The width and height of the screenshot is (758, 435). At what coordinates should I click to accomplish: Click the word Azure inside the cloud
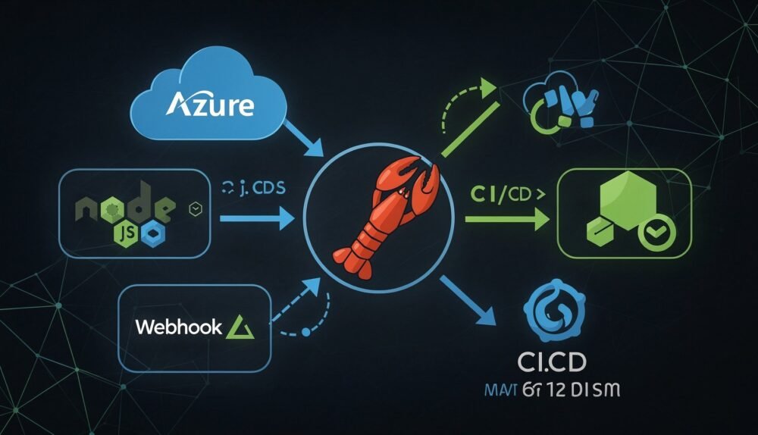tap(208, 105)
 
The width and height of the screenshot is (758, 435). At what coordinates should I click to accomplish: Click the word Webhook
tap(179, 327)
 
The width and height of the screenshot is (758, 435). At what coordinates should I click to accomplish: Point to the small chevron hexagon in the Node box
tap(196, 207)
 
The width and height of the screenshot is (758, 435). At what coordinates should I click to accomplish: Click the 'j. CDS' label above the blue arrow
tap(254, 189)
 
